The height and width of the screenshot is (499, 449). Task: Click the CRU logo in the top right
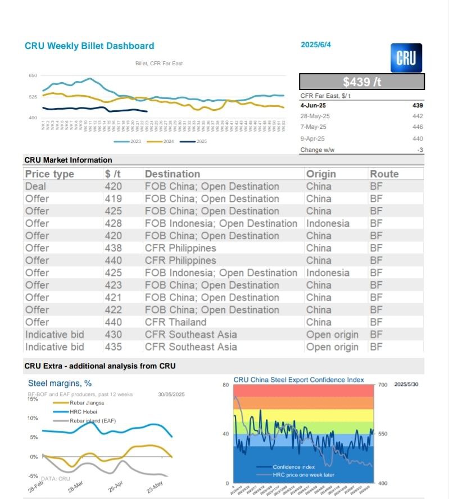[406, 58]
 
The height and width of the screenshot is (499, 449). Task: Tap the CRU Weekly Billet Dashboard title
[89, 46]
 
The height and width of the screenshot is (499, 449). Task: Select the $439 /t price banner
[361, 82]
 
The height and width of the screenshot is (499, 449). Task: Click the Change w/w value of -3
[420, 150]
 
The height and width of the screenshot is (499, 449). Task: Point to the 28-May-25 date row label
[315, 116]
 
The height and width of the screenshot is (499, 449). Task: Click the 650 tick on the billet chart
[33, 75]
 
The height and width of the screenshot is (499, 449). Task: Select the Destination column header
[172, 174]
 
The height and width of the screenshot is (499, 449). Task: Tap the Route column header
[384, 174]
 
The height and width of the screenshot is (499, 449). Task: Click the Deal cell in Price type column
[35, 186]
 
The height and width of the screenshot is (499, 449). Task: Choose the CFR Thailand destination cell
[175, 322]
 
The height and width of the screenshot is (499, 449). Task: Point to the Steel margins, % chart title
[60, 384]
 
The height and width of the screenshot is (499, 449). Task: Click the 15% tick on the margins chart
[33, 399]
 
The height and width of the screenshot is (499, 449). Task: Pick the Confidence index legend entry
[293, 467]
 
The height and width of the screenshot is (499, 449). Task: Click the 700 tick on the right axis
[383, 385]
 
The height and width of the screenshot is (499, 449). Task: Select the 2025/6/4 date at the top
[316, 45]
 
